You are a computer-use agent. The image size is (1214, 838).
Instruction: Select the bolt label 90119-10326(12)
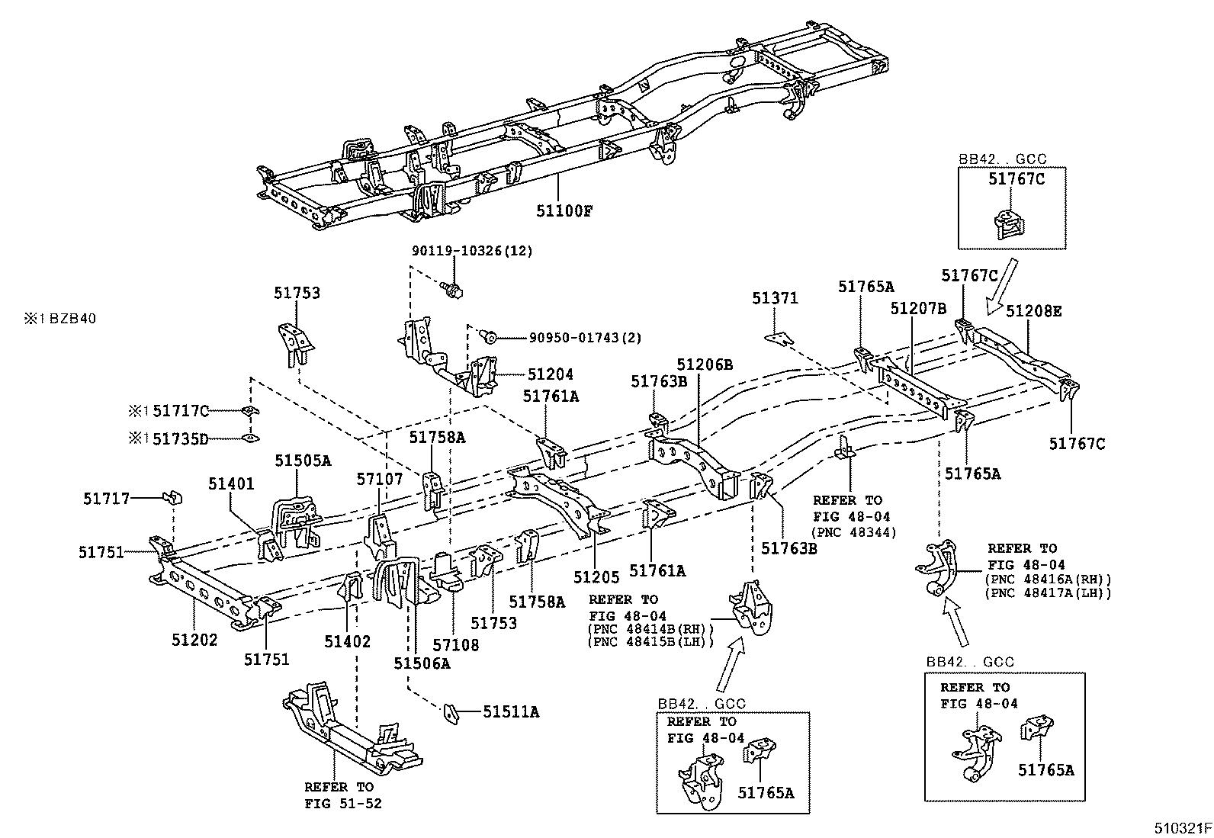click(x=472, y=250)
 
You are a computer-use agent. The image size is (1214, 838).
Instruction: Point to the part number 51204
click(x=551, y=374)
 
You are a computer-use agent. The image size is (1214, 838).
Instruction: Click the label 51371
click(x=775, y=298)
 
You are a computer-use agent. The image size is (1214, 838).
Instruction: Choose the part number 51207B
click(x=918, y=308)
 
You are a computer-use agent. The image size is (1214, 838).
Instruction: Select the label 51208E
click(x=1034, y=311)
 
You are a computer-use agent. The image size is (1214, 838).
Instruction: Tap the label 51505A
click(x=303, y=460)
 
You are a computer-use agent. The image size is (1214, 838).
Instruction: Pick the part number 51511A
click(x=511, y=711)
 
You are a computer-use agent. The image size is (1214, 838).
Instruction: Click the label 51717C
click(x=181, y=412)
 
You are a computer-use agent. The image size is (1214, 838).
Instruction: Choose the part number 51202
click(x=194, y=640)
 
